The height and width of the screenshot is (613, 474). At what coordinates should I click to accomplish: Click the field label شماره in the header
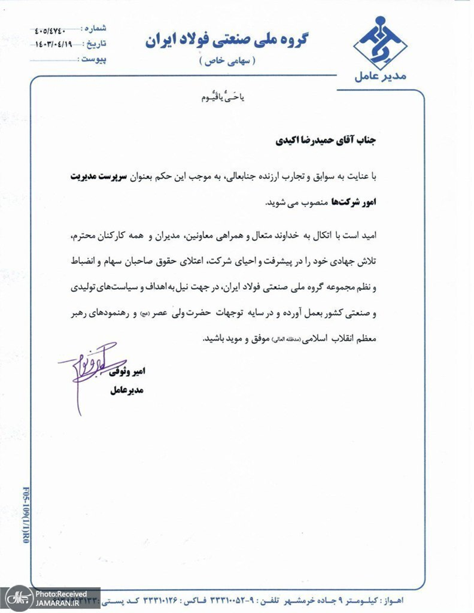tap(94, 29)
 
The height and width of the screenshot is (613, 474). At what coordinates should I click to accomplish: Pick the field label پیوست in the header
tap(93, 60)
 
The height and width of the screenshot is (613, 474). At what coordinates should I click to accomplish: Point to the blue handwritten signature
tap(84, 371)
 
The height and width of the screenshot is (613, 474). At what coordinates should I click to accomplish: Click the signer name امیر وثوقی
tap(127, 371)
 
